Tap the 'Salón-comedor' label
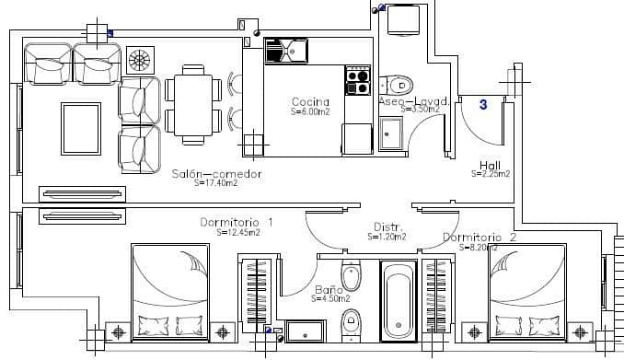pyautogui.click(x=217, y=173)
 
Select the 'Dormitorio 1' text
pyautogui.click(x=237, y=222)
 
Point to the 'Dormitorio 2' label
pyautogui.click(x=480, y=238)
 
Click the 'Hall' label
pyautogui.click(x=490, y=165)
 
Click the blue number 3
pyautogui.click(x=483, y=105)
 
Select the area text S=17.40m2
pyautogui.click(x=216, y=183)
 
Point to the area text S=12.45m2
pyautogui.click(x=238, y=233)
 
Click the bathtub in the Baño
pyautogui.click(x=399, y=299)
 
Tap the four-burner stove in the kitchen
pyautogui.click(x=357, y=80)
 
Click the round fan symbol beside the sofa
pyautogui.click(x=140, y=61)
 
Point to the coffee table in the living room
pyautogui.click(x=80, y=128)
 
